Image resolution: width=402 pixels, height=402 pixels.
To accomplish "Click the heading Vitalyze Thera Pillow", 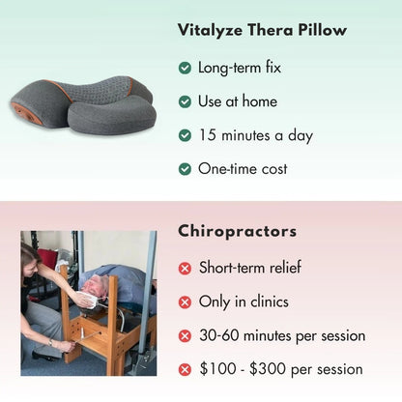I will point(262,30).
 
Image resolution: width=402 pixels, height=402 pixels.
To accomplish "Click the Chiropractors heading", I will point(237,231).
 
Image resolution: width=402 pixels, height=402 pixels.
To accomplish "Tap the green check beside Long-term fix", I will point(185,69).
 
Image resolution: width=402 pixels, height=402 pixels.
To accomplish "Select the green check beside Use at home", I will point(185,101).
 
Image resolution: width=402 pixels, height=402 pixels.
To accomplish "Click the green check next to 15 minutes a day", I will point(185,135).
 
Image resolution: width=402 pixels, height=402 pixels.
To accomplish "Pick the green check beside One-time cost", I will point(185,169).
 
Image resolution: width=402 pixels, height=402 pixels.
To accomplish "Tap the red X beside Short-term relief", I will point(185,269).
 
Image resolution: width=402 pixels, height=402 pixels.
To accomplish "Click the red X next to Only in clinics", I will point(185,302).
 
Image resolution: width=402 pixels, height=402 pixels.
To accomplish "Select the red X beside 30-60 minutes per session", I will point(185,336).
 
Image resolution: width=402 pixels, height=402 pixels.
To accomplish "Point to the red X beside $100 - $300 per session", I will point(185,369).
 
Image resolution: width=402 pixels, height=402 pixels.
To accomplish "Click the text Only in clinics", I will point(244,302).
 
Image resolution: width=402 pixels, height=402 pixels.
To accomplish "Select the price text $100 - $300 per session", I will point(280,369).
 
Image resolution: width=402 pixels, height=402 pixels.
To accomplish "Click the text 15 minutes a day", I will point(255,135).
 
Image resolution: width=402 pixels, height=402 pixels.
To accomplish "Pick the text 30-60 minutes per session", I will point(281,336).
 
